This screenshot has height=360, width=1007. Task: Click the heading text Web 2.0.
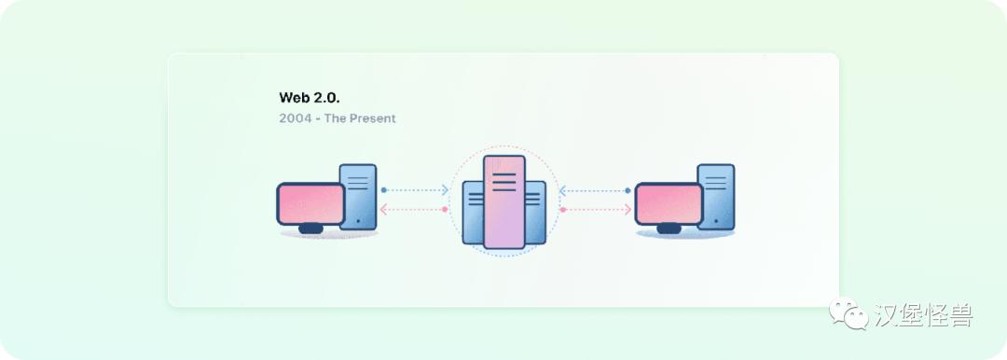click(307, 97)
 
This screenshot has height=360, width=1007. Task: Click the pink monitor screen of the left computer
click(310, 203)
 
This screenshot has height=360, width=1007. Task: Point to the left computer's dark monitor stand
click(310, 228)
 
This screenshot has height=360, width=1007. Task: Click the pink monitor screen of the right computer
click(669, 203)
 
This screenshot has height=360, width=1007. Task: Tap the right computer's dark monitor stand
click(669, 228)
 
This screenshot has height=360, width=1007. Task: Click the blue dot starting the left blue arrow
click(383, 190)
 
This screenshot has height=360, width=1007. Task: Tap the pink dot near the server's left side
click(445, 210)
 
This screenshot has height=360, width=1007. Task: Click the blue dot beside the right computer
click(628, 190)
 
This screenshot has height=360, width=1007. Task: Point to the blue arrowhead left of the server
click(445, 190)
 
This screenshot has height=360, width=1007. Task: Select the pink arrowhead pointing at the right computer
click(627, 210)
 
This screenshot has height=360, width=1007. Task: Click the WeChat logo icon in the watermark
click(848, 313)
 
